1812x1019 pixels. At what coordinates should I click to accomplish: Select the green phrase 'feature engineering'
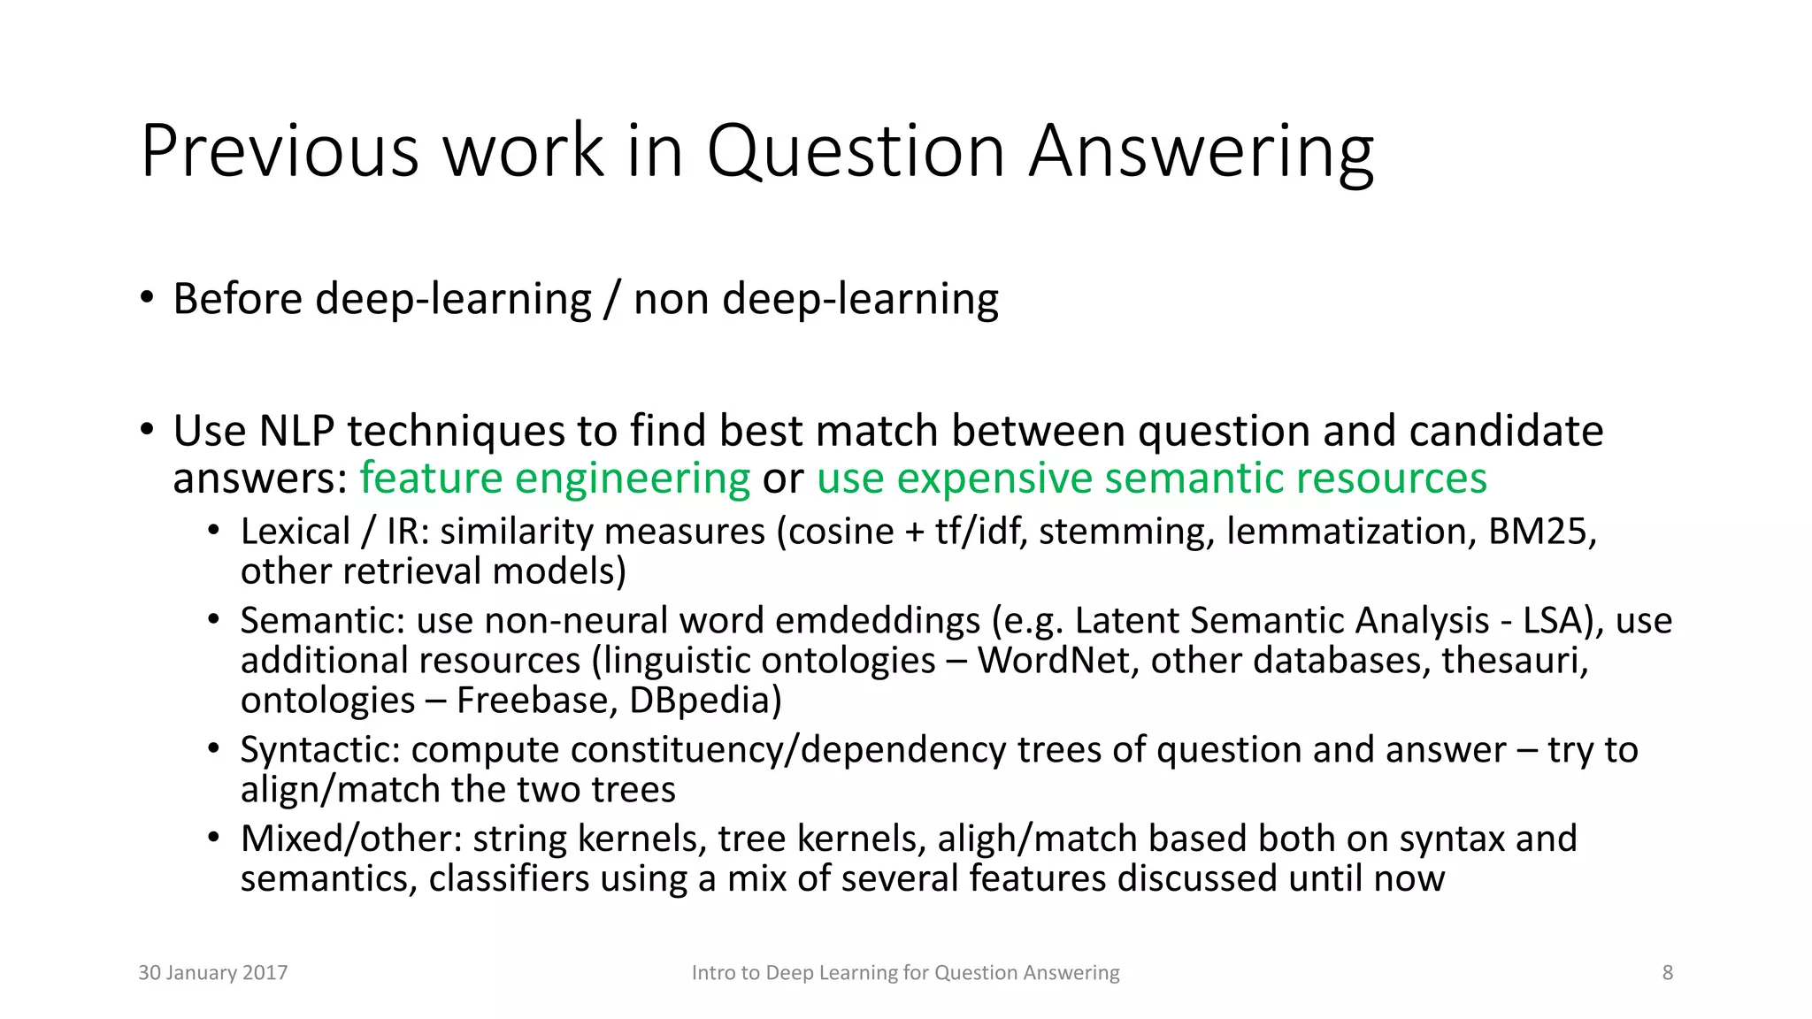[x=555, y=479]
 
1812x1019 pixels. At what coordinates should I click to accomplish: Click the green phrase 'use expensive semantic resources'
[x=1151, y=479]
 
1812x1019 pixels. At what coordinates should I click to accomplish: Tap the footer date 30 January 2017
[x=213, y=973]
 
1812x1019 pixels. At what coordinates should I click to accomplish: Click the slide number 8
[x=1667, y=973]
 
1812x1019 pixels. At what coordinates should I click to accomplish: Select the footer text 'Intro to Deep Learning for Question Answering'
[x=905, y=973]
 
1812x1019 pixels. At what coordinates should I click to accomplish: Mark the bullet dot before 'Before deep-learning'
[x=147, y=296]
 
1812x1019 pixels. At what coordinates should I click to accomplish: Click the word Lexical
[x=296, y=532]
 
